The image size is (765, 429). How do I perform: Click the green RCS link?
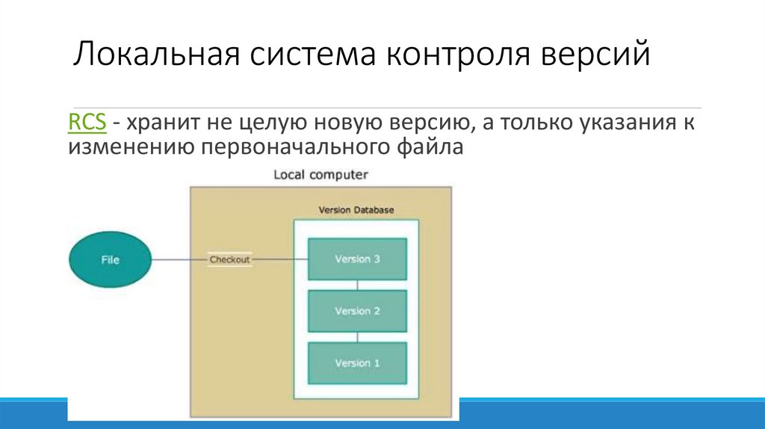click(86, 122)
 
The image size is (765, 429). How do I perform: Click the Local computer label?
click(320, 175)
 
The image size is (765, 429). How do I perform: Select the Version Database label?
click(356, 210)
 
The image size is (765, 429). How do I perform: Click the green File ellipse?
click(110, 260)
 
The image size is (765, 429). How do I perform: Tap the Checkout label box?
click(229, 260)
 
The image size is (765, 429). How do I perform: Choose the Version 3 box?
click(357, 259)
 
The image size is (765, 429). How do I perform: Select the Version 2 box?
click(357, 311)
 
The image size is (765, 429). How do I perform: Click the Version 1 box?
click(357, 363)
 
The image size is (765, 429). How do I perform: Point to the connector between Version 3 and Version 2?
click(358, 285)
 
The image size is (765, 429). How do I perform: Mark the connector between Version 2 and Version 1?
click(358, 336)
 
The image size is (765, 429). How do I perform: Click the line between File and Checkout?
click(179, 260)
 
